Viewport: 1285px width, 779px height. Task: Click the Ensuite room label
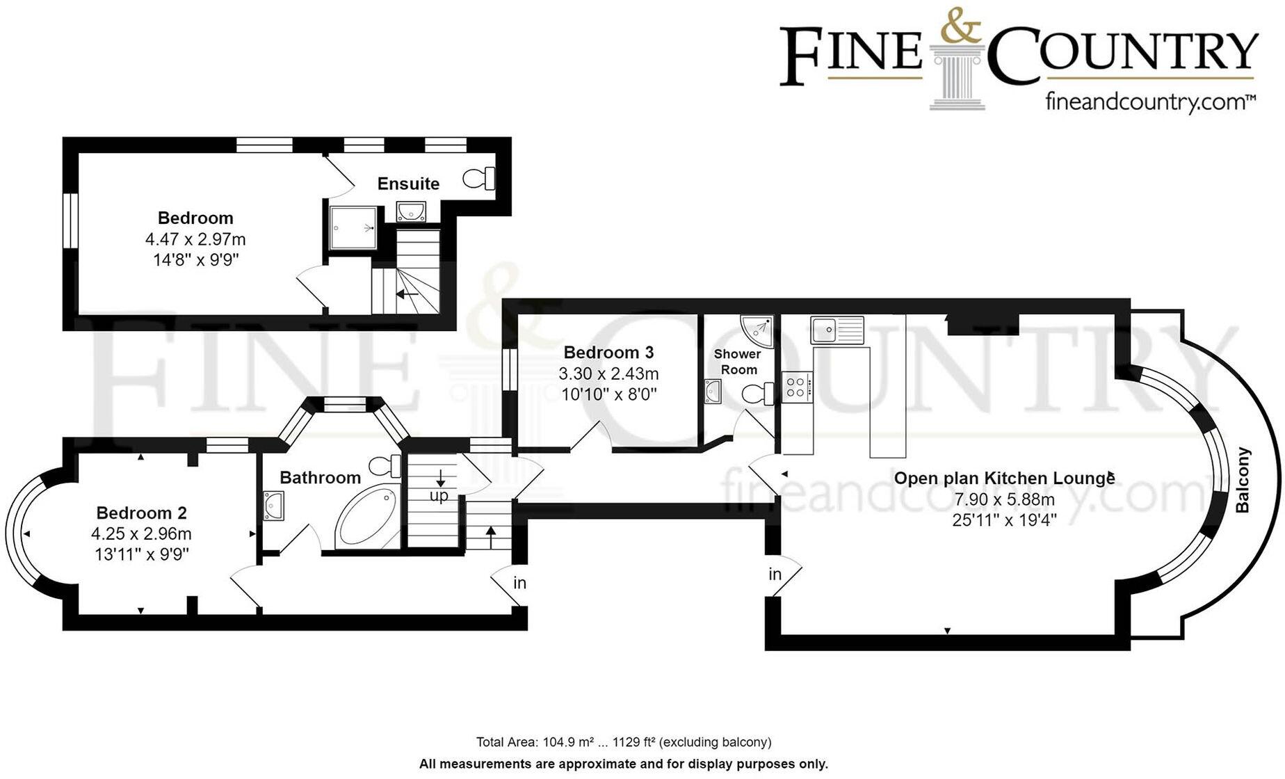[408, 184]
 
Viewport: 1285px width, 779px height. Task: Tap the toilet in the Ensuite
[479, 178]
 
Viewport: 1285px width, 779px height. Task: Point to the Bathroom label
[320, 478]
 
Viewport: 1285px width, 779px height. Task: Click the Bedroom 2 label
[141, 513]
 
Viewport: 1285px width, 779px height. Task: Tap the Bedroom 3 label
[608, 353]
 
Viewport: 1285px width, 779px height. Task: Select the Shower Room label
[738, 362]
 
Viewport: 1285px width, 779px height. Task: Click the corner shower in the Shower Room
[759, 330]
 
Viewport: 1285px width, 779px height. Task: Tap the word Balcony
[1243, 480]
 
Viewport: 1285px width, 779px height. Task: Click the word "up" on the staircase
[439, 496]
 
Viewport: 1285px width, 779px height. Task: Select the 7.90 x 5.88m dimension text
[1004, 499]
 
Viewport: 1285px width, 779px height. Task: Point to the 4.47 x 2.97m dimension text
[195, 240]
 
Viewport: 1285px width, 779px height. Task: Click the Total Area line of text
[624, 742]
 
